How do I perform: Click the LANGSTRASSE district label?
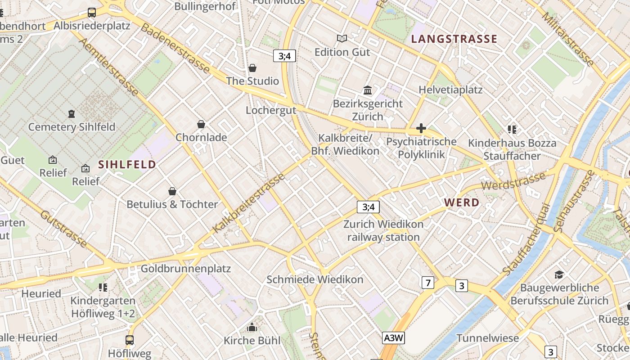(x=454, y=39)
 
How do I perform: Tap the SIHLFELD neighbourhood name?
(x=127, y=164)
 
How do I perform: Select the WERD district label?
(x=462, y=202)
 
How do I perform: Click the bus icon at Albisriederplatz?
(x=92, y=12)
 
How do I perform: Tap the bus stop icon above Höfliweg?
(x=130, y=340)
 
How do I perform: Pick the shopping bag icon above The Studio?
(x=252, y=68)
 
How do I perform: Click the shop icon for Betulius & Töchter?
(x=172, y=191)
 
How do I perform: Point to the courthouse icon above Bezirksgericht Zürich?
(x=368, y=90)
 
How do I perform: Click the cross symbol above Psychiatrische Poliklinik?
(x=421, y=129)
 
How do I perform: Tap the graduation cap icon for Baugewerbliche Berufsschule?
(x=559, y=274)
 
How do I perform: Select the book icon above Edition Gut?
(x=342, y=39)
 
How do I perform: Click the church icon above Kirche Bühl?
(x=252, y=327)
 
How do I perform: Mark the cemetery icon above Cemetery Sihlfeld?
(x=72, y=113)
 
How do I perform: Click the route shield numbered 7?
(x=427, y=283)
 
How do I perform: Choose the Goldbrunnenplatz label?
(x=185, y=269)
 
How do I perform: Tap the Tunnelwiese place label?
(x=488, y=338)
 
